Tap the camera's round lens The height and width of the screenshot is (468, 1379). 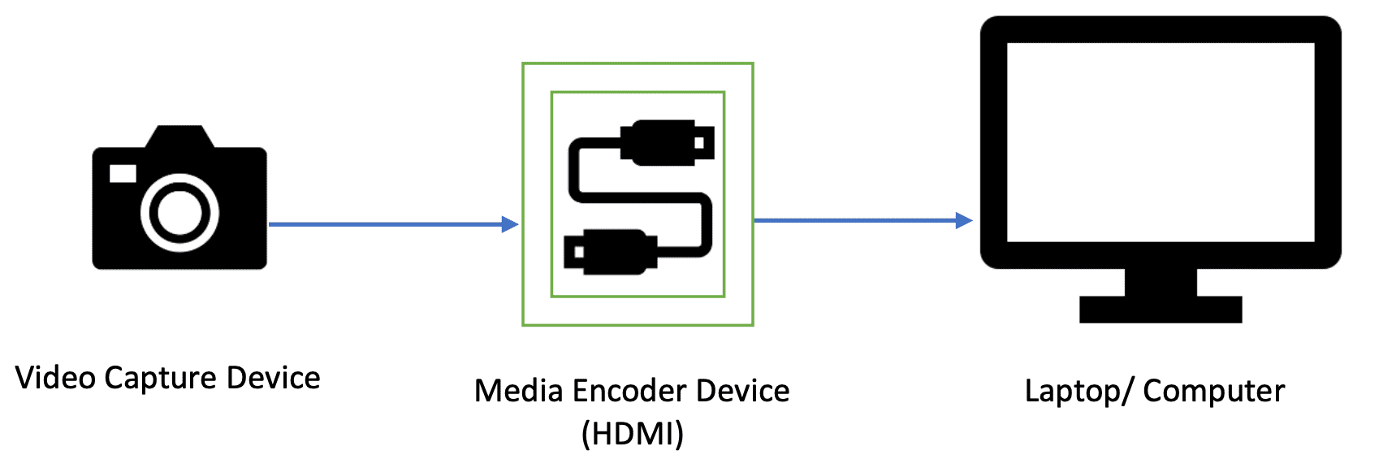coord(179,212)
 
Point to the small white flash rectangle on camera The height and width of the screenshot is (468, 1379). coord(123,173)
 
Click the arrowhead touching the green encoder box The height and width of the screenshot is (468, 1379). coord(511,224)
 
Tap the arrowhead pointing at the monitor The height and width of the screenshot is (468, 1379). coord(964,220)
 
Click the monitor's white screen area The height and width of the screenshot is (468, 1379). coord(1160,142)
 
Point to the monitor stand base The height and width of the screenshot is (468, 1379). coord(1161,310)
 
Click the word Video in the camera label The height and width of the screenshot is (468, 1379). coord(56,378)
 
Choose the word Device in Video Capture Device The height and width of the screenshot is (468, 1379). coord(273,378)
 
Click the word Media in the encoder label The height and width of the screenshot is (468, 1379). coord(519,391)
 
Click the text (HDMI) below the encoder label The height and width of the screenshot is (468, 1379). coord(633,433)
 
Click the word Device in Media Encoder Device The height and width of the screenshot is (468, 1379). coord(742,391)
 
